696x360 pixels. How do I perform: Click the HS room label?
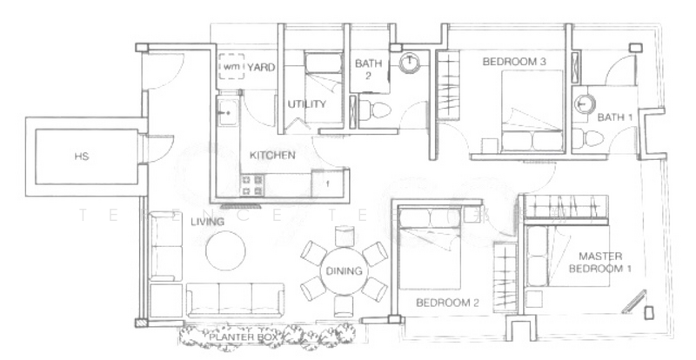coord(82,157)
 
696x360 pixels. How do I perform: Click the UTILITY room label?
coord(306,104)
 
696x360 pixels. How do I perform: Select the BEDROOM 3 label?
coord(513,62)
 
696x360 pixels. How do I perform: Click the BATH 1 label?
coord(614,117)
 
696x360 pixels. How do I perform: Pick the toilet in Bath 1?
coord(589,136)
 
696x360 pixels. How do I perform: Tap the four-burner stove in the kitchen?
coord(252,184)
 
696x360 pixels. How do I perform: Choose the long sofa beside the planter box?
coord(234,297)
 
